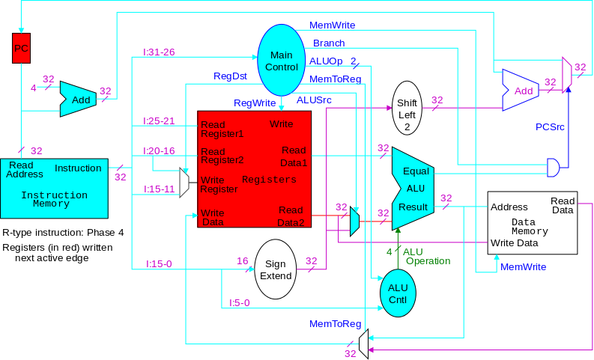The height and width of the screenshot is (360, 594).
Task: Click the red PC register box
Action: tap(22, 48)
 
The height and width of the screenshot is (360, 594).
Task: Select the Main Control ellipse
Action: tap(282, 60)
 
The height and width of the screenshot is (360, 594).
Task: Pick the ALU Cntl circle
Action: tap(398, 293)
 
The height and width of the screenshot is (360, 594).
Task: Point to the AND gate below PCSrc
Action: tap(554, 167)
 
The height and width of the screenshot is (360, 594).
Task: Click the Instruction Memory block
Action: tap(54, 184)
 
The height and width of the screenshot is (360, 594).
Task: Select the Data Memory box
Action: tap(532, 222)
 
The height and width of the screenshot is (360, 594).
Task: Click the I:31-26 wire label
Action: tap(159, 52)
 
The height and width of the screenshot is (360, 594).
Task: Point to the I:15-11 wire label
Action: tap(159, 189)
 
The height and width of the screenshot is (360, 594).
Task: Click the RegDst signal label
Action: tap(229, 76)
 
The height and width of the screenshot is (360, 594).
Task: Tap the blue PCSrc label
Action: tap(550, 126)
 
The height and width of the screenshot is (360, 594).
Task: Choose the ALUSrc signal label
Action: tap(314, 100)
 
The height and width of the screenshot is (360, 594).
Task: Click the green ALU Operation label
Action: tap(427, 256)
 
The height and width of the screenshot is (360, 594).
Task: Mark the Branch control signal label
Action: tap(329, 43)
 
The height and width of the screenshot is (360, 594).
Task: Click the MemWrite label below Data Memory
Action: tap(523, 266)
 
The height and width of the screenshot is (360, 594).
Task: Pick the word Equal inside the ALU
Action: tap(416, 171)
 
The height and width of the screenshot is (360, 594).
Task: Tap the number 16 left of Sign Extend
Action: tap(242, 260)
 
